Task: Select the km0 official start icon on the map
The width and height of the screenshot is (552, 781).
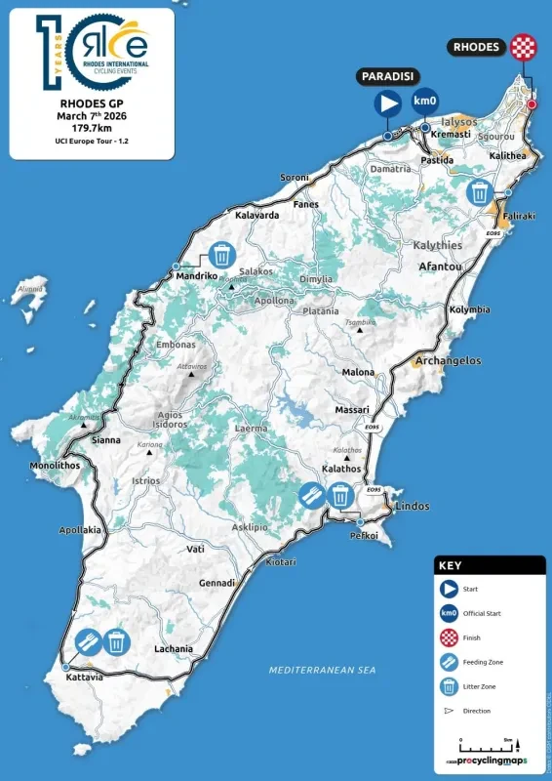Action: coord(424,102)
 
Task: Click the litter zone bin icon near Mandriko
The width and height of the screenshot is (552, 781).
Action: coord(222,256)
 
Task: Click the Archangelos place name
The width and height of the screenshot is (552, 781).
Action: coord(448,360)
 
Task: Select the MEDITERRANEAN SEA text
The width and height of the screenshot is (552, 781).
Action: coord(323,671)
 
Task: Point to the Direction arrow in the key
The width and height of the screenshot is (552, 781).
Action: coord(449,711)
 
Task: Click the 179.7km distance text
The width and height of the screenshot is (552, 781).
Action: coord(94,126)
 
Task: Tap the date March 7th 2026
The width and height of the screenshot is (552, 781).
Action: coord(94,113)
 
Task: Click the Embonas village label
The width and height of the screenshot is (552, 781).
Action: coord(175,345)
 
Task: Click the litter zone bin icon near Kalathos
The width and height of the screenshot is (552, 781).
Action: coord(339,496)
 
